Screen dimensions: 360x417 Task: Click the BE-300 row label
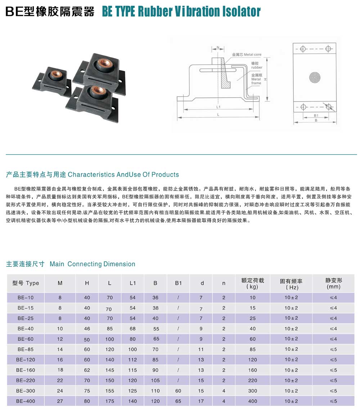coord(26,391)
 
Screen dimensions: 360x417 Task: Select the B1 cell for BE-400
coord(178,401)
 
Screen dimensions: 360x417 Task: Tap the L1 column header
coord(132,283)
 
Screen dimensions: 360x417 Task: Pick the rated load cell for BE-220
coord(252,380)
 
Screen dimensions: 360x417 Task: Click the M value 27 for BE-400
coord(60,401)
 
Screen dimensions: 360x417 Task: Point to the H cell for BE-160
coord(87,370)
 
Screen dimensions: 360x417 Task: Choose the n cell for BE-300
coord(224,391)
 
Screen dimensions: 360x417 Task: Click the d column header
coord(202,283)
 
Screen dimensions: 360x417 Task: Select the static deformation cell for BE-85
coord(333,349)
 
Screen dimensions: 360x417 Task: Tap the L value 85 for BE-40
coord(110,329)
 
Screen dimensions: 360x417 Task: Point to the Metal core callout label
coord(247,54)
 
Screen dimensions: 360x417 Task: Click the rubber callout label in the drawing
coord(257,66)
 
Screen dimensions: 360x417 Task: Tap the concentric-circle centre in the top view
coord(315,77)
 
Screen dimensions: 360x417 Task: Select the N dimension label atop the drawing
coord(218,48)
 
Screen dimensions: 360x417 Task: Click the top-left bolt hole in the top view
coord(303,49)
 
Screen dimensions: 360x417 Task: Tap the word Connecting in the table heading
coord(85,264)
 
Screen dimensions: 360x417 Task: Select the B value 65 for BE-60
coord(156,339)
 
